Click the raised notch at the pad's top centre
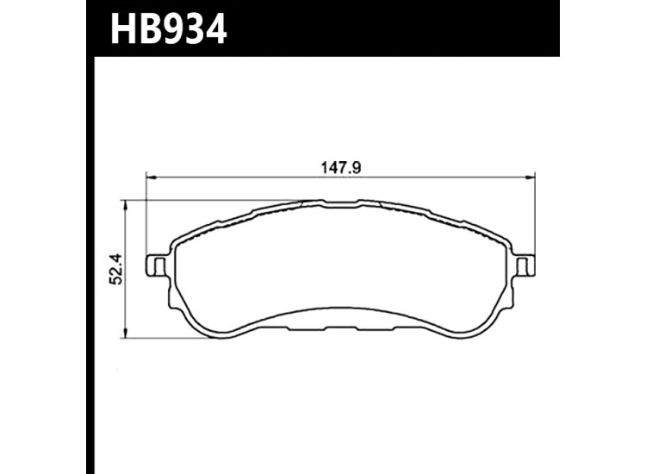pyautogui.click(x=339, y=204)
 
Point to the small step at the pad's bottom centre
pyautogui.click(x=339, y=326)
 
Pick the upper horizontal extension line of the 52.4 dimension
pyautogui.click(x=215, y=200)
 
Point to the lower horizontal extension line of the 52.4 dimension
pyautogui.click(x=164, y=337)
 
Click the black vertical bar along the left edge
pyautogui.click(x=90, y=259)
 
